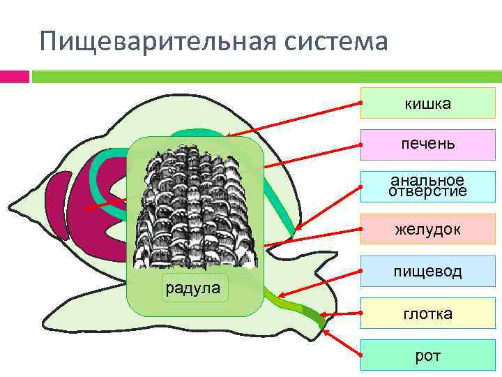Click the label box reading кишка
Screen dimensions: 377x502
(x=427, y=104)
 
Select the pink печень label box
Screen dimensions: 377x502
(x=427, y=145)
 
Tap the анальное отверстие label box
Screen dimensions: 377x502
(x=427, y=186)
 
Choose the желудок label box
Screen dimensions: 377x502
(x=427, y=229)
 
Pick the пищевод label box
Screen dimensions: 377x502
(x=427, y=271)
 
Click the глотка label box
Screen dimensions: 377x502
(x=427, y=313)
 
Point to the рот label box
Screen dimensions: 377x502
(x=427, y=355)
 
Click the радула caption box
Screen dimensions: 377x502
(x=195, y=288)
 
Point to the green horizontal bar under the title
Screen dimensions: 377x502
(x=265, y=75)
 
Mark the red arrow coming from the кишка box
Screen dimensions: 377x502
(x=293, y=119)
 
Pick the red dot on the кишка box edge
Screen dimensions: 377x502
(x=361, y=104)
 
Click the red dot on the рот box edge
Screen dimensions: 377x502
(x=361, y=356)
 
